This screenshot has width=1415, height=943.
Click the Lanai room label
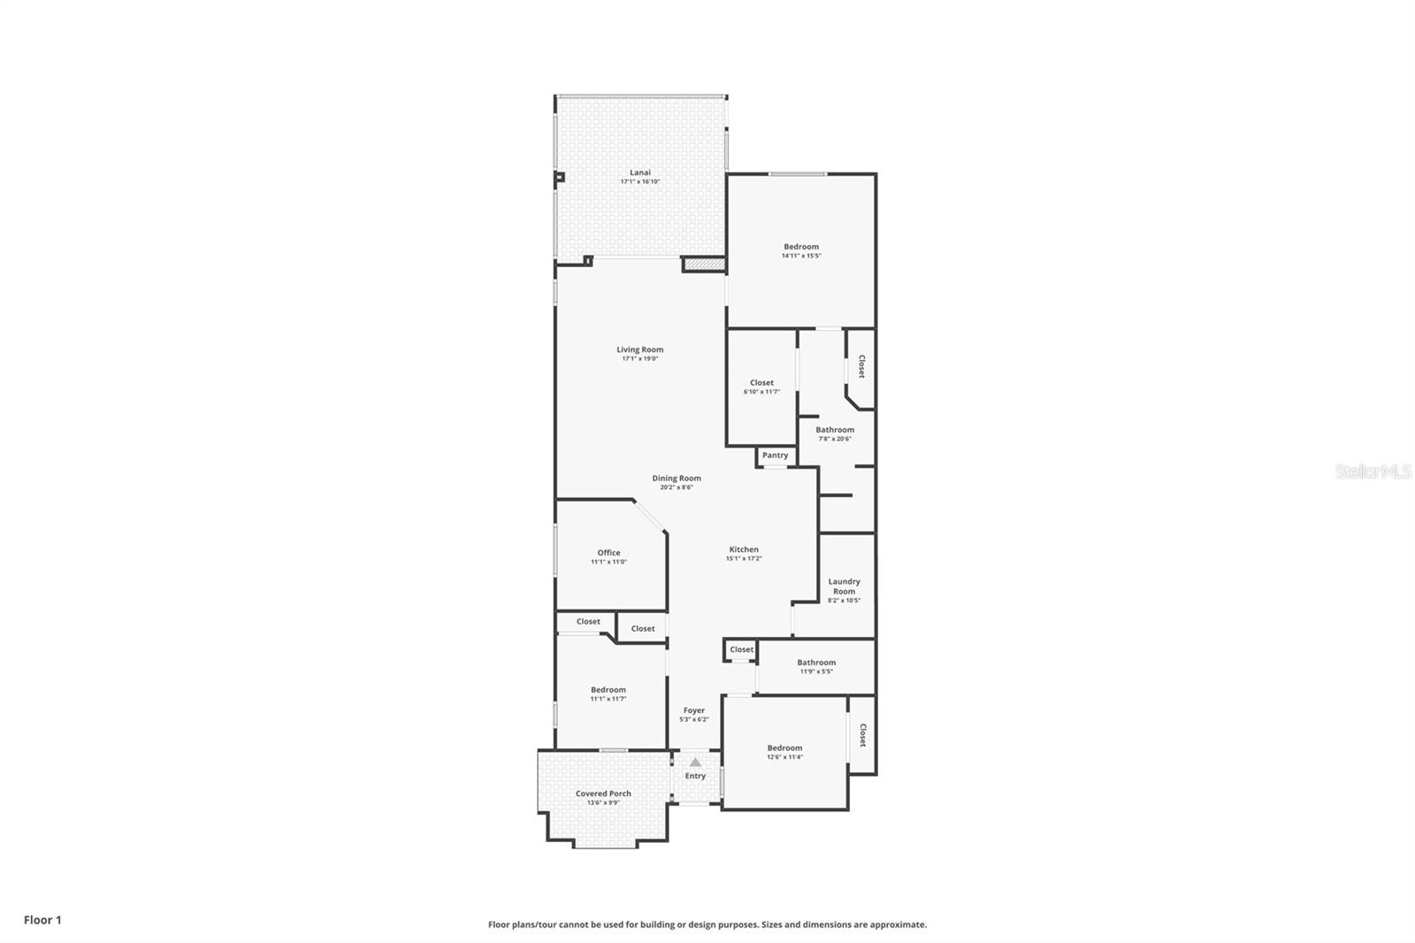tap(640, 172)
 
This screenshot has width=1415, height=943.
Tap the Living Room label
tap(640, 349)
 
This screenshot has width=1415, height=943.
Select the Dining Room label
tap(677, 479)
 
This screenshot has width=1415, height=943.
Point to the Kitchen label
tap(744, 549)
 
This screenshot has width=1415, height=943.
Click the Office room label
tap(608, 553)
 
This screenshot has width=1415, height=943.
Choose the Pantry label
tap(775, 456)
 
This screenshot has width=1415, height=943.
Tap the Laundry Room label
tap(844, 586)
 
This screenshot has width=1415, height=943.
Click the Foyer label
tap(694, 710)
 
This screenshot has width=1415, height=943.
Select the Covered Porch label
tap(603, 793)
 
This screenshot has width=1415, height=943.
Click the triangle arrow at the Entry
tap(695, 763)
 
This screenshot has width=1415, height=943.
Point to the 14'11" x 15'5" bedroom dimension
tap(801, 257)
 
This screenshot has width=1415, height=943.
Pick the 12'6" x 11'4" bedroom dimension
tap(784, 757)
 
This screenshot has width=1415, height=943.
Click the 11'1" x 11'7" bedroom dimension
tap(608, 699)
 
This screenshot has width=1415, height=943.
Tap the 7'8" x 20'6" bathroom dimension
tap(835, 439)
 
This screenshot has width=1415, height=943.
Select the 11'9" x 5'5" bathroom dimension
tap(816, 671)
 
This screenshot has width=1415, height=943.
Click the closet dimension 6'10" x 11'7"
tap(761, 392)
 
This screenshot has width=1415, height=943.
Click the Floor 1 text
tap(42, 920)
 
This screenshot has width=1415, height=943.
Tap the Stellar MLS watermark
tap(1373, 471)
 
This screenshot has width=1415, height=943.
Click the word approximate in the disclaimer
tap(898, 925)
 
